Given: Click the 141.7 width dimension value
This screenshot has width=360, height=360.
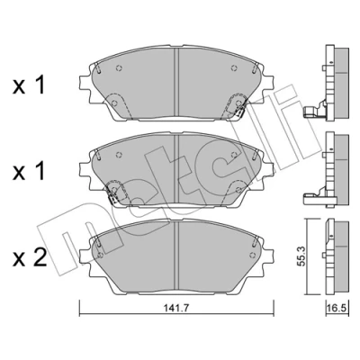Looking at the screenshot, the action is [176, 308].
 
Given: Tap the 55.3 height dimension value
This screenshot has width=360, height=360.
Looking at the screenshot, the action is [301, 256].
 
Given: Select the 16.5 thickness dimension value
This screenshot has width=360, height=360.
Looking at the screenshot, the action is [337, 308].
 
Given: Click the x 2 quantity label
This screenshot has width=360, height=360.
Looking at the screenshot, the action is [30, 258].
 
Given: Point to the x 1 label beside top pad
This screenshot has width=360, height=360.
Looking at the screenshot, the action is [29, 85].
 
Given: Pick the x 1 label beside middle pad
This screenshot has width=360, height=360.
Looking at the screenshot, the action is [29, 171].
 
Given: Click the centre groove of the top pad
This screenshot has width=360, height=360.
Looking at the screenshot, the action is [176, 83].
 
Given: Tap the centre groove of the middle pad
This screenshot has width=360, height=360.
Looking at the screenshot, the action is [176, 168].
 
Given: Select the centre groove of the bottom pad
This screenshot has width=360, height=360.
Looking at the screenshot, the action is [176, 256].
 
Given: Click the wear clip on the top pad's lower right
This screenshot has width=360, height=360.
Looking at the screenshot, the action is [240, 112].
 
